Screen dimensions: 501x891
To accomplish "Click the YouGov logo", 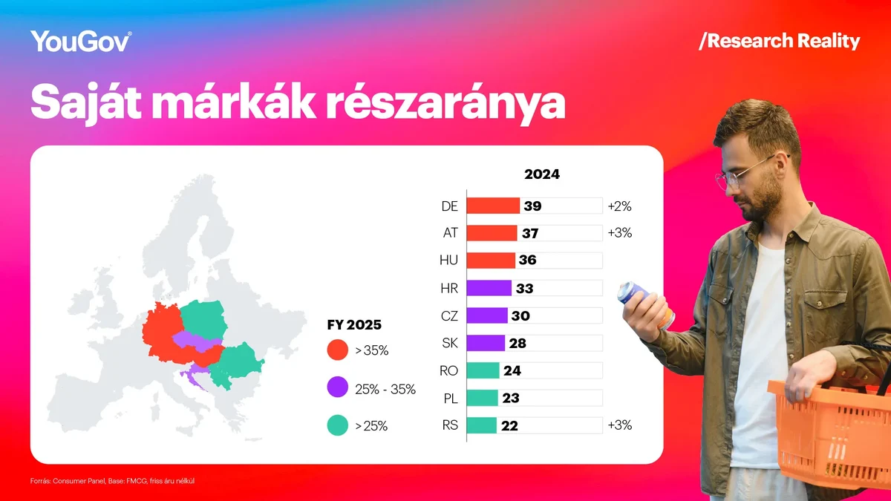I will coord(82,41).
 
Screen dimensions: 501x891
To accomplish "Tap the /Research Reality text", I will coord(779,41).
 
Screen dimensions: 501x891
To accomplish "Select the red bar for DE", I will coord(494,206).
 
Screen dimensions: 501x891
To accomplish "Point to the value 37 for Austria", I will coord(529,233).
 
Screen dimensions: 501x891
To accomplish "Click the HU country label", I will coord(449,261).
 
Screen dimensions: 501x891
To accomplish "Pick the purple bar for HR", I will coord(489,288).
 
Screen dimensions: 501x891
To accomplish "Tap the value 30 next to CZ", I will coord(520,315).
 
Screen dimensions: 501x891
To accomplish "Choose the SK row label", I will coord(449,343).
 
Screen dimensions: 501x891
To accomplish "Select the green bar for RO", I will coord(483,370).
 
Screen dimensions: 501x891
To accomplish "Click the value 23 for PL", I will coord(510,398).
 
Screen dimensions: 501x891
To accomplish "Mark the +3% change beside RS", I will coord(619,425).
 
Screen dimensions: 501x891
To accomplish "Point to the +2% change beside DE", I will coord(619,206).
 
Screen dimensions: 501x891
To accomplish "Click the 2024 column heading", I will coord(542,175).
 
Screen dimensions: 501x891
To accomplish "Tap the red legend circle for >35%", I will coord(337,350).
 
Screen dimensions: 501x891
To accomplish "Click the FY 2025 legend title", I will coord(354,325).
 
